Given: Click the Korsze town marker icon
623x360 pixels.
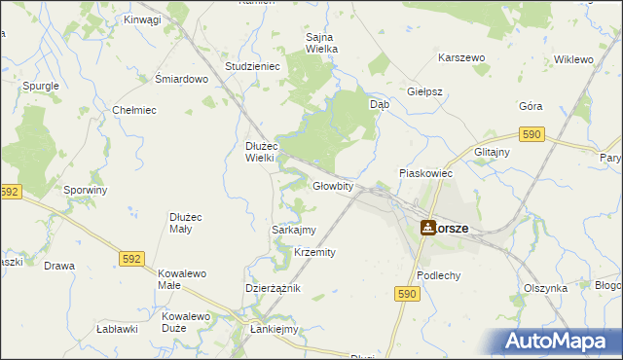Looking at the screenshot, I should [x=428, y=228].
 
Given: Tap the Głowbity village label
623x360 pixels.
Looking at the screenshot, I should [x=332, y=186].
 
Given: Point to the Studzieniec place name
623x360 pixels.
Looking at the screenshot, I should [x=252, y=66].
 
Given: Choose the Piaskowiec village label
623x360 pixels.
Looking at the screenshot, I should [x=426, y=172].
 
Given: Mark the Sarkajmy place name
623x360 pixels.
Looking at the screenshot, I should [x=292, y=230].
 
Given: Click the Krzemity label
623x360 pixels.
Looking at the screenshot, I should [x=314, y=252].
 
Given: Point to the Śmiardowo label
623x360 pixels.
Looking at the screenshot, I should [x=182, y=80].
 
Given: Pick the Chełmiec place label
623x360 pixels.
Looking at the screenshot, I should [x=134, y=110].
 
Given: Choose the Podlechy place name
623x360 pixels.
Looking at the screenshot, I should [x=438, y=275].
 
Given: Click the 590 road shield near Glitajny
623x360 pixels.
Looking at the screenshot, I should [x=531, y=134].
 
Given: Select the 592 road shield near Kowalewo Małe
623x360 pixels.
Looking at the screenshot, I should [x=133, y=259].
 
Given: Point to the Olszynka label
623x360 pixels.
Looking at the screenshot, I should [x=545, y=288].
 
